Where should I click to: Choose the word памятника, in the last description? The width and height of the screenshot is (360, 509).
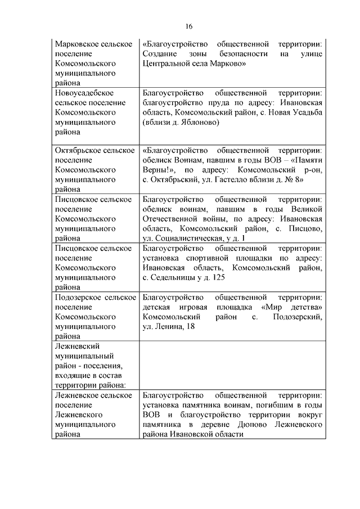165,425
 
